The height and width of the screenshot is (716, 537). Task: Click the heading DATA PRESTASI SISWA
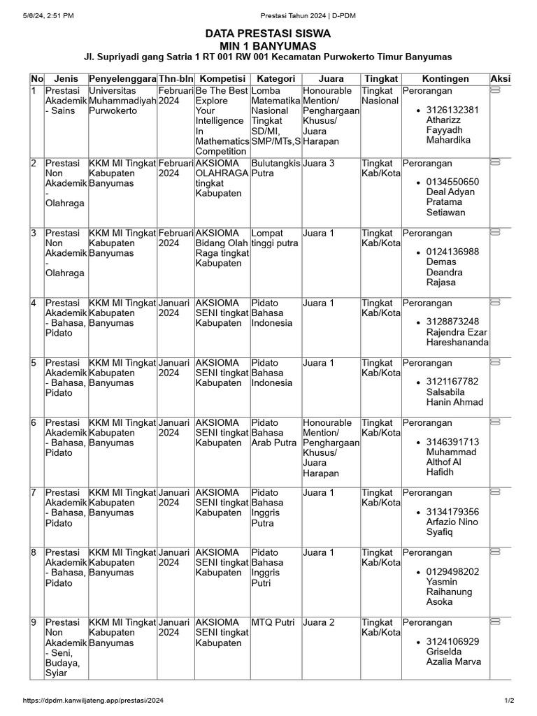click(268, 34)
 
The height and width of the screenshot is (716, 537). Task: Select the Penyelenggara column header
click(122, 79)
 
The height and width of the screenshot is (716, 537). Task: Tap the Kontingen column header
click(445, 79)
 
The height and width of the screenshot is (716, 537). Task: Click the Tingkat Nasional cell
click(380, 96)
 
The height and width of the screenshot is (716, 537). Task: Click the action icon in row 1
click(496, 92)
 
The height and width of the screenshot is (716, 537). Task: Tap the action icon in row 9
click(496, 622)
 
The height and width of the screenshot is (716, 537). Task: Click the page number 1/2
click(509, 701)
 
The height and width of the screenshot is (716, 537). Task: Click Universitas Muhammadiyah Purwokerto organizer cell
click(122, 101)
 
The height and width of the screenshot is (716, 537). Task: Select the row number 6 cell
click(34, 423)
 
